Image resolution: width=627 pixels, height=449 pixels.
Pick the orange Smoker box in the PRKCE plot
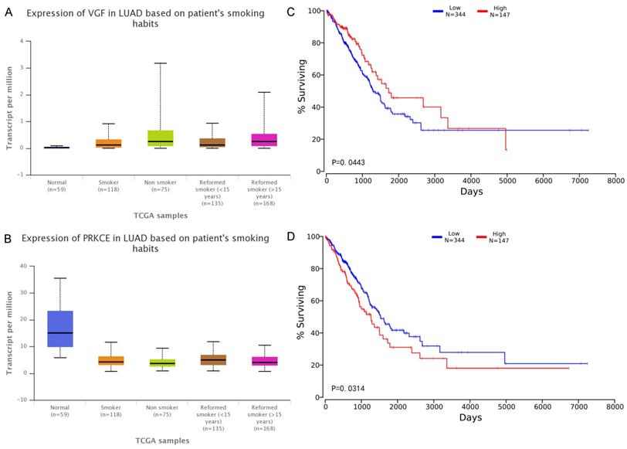tap(110, 360)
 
